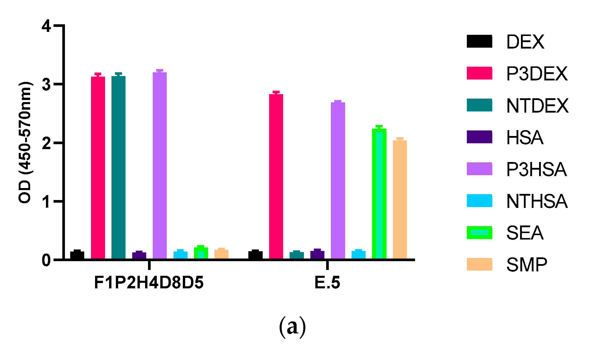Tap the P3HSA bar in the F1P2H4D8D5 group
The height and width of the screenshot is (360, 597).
tap(160, 166)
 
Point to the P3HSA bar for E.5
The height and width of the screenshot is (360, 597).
tap(338, 180)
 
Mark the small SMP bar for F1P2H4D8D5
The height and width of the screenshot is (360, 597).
tap(221, 254)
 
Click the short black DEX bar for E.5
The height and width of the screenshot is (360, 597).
tap(255, 255)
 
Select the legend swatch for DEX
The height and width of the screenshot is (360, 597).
tap(479, 41)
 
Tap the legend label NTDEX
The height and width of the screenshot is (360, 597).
tap(537, 106)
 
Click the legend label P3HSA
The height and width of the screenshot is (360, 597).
tap(536, 169)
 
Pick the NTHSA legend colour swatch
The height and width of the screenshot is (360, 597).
tap(479, 201)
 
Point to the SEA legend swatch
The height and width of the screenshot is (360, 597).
tap(479, 233)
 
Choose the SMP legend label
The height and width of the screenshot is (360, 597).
tap(527, 265)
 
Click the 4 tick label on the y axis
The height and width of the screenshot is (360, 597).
tap(46, 26)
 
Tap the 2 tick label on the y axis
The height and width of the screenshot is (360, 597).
tap(46, 143)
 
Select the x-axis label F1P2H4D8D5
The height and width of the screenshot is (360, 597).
tap(149, 283)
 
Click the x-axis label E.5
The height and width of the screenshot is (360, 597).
tap(327, 283)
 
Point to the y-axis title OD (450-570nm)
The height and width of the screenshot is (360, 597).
tap(25, 142)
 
